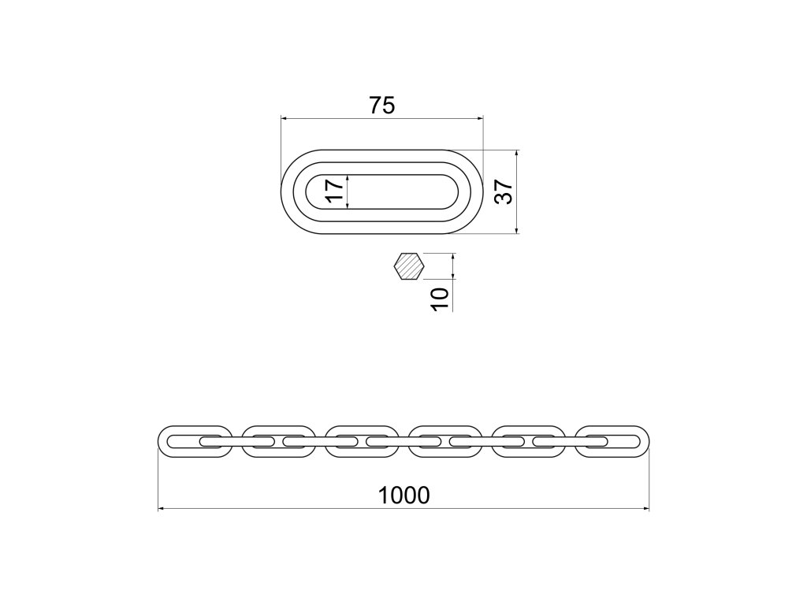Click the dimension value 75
382,105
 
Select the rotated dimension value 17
335,192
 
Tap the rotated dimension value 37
504,191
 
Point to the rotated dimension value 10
441,298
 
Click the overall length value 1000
403,495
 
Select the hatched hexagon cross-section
409,266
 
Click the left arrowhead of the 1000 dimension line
162,509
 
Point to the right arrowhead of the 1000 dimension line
645,509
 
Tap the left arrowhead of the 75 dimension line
284,119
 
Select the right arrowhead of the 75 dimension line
480,119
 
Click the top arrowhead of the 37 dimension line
516,153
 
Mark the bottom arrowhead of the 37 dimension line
516,230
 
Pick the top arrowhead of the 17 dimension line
348,177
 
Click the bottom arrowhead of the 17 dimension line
348,206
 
